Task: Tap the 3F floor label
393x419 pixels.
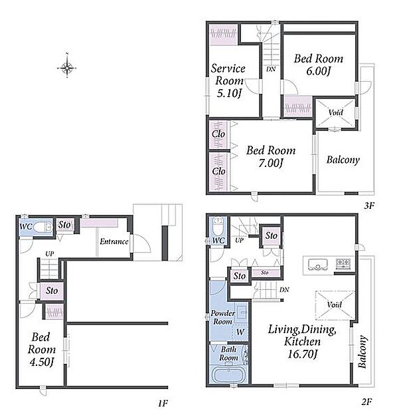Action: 370,206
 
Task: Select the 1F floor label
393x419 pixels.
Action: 163,403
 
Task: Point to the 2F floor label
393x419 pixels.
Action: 367,401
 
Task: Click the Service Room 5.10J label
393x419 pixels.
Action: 228,80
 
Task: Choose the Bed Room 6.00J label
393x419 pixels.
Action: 319,65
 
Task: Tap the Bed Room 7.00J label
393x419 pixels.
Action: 271,156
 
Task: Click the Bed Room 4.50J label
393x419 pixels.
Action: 42,350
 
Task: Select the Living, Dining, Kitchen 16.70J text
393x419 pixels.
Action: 302,341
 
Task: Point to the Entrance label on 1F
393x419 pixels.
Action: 114,241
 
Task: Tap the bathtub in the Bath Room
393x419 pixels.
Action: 228,374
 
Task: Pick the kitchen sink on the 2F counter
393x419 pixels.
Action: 317,265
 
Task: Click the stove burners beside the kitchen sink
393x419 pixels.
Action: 343,263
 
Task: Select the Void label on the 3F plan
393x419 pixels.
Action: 335,112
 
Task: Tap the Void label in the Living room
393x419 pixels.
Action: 335,305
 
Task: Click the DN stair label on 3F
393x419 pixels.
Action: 271,69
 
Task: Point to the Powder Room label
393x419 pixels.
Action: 223,317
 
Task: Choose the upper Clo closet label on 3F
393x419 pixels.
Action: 218,134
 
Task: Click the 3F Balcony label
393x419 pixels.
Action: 343,160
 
